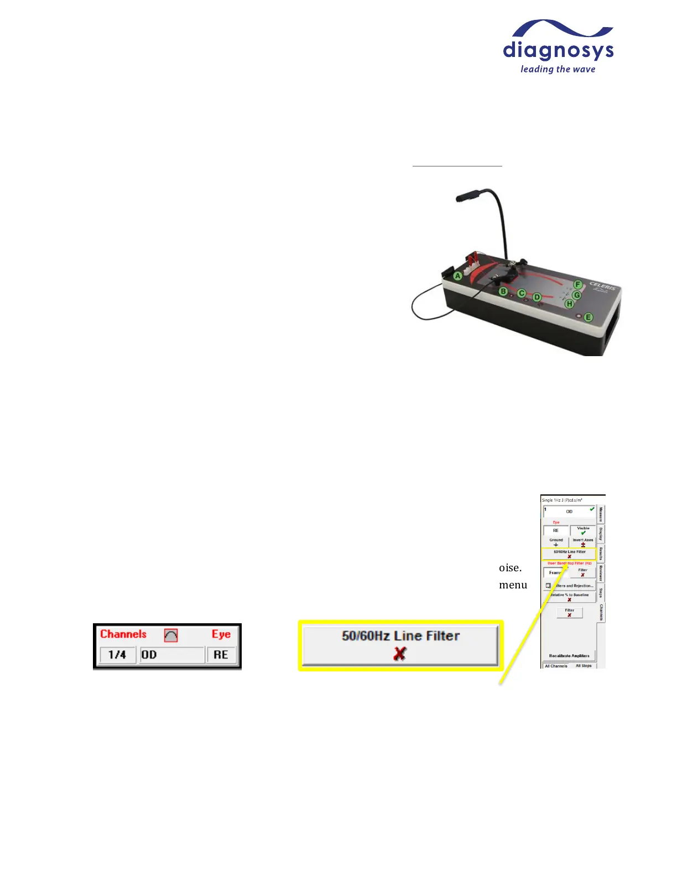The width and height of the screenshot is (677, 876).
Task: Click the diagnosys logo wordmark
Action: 558,51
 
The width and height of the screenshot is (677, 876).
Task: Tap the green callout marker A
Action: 457,275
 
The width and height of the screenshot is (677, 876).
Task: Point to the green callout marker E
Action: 588,317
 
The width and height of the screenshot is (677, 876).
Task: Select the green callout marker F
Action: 578,284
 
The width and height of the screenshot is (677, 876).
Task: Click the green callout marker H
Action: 569,304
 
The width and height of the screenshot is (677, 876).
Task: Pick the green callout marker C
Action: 521,294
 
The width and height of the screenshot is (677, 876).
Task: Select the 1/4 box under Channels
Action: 117,655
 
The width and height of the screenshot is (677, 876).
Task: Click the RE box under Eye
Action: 221,655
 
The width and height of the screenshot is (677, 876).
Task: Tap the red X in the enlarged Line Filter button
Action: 399,654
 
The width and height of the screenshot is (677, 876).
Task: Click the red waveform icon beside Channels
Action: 171,635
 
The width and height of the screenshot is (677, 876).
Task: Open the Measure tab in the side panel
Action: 601,514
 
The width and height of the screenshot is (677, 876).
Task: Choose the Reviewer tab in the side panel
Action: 601,573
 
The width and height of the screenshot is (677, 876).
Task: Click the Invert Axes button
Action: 583,542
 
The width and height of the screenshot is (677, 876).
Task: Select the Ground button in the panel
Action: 556,542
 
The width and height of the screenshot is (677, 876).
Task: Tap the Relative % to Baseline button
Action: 569,597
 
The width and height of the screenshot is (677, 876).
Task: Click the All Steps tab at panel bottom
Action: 584,666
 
